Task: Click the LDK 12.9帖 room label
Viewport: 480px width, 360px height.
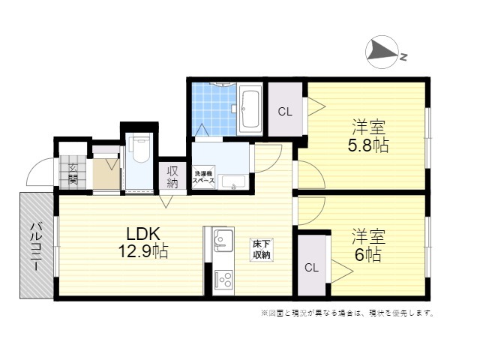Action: coord(143,242)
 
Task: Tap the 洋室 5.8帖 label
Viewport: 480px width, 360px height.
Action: coord(368,136)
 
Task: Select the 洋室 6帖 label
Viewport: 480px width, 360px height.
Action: coord(368,245)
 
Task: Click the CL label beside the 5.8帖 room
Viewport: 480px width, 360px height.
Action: coord(285,112)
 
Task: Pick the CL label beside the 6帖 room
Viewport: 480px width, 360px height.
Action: coord(312,268)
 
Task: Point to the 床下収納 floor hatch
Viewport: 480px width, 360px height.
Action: coord(262,250)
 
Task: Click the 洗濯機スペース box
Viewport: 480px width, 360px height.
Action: coord(203,177)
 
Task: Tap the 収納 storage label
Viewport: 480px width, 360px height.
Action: coord(172,177)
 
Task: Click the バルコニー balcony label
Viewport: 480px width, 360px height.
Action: coord(37,247)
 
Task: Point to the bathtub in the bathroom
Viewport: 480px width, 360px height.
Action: coord(250,109)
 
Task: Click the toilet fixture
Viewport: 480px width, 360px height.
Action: coord(139,150)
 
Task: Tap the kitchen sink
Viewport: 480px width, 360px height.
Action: coord(223,238)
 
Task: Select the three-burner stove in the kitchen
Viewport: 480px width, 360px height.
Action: coord(223,280)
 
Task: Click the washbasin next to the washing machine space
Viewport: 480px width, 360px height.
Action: coord(233,182)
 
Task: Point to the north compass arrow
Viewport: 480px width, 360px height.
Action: coord(382,51)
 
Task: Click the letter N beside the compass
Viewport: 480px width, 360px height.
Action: coord(403,57)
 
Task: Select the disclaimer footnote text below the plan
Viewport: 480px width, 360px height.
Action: coord(347,313)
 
